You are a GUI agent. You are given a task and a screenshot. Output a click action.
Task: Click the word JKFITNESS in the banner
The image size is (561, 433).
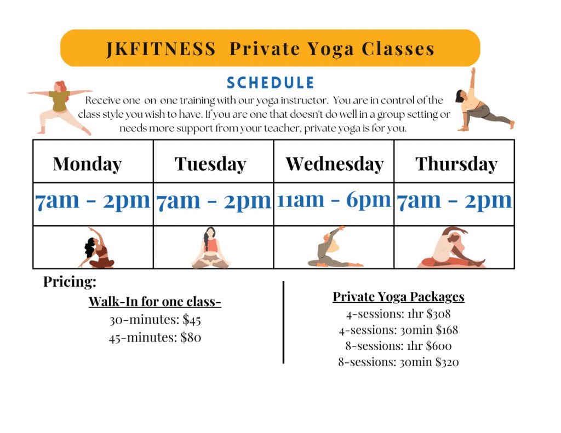(161, 49)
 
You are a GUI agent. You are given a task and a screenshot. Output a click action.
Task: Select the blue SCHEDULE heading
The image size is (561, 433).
(271, 83)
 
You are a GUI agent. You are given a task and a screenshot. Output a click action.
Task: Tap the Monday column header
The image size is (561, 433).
(87, 164)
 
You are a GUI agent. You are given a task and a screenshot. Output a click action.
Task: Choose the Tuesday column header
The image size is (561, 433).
(210, 164)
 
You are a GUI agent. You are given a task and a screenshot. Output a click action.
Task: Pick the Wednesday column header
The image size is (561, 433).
(335, 164)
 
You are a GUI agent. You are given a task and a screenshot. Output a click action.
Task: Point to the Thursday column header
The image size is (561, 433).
(456, 164)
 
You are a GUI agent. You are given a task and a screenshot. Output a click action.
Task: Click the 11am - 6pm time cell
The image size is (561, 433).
(334, 200)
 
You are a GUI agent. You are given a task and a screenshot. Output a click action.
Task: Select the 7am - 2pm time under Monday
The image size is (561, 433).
(93, 201)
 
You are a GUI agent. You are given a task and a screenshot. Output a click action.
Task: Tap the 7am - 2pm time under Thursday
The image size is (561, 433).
(454, 201)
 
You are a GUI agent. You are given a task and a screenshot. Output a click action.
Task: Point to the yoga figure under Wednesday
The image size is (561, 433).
(335, 247)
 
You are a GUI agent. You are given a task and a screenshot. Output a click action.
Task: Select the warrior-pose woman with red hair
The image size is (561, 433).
(60, 107)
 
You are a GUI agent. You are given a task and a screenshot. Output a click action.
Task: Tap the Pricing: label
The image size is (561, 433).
(70, 282)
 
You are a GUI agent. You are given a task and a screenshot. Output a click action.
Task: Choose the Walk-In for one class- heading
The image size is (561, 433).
(155, 302)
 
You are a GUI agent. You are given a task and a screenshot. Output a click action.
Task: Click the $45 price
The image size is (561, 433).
(192, 319)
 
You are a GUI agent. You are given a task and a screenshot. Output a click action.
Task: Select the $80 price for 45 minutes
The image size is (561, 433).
(191, 337)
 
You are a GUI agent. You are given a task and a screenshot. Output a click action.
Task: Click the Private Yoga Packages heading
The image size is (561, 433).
(399, 297)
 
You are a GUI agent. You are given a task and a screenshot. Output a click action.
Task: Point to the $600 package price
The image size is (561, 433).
(439, 346)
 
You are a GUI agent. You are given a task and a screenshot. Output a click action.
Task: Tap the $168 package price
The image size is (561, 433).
(447, 330)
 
